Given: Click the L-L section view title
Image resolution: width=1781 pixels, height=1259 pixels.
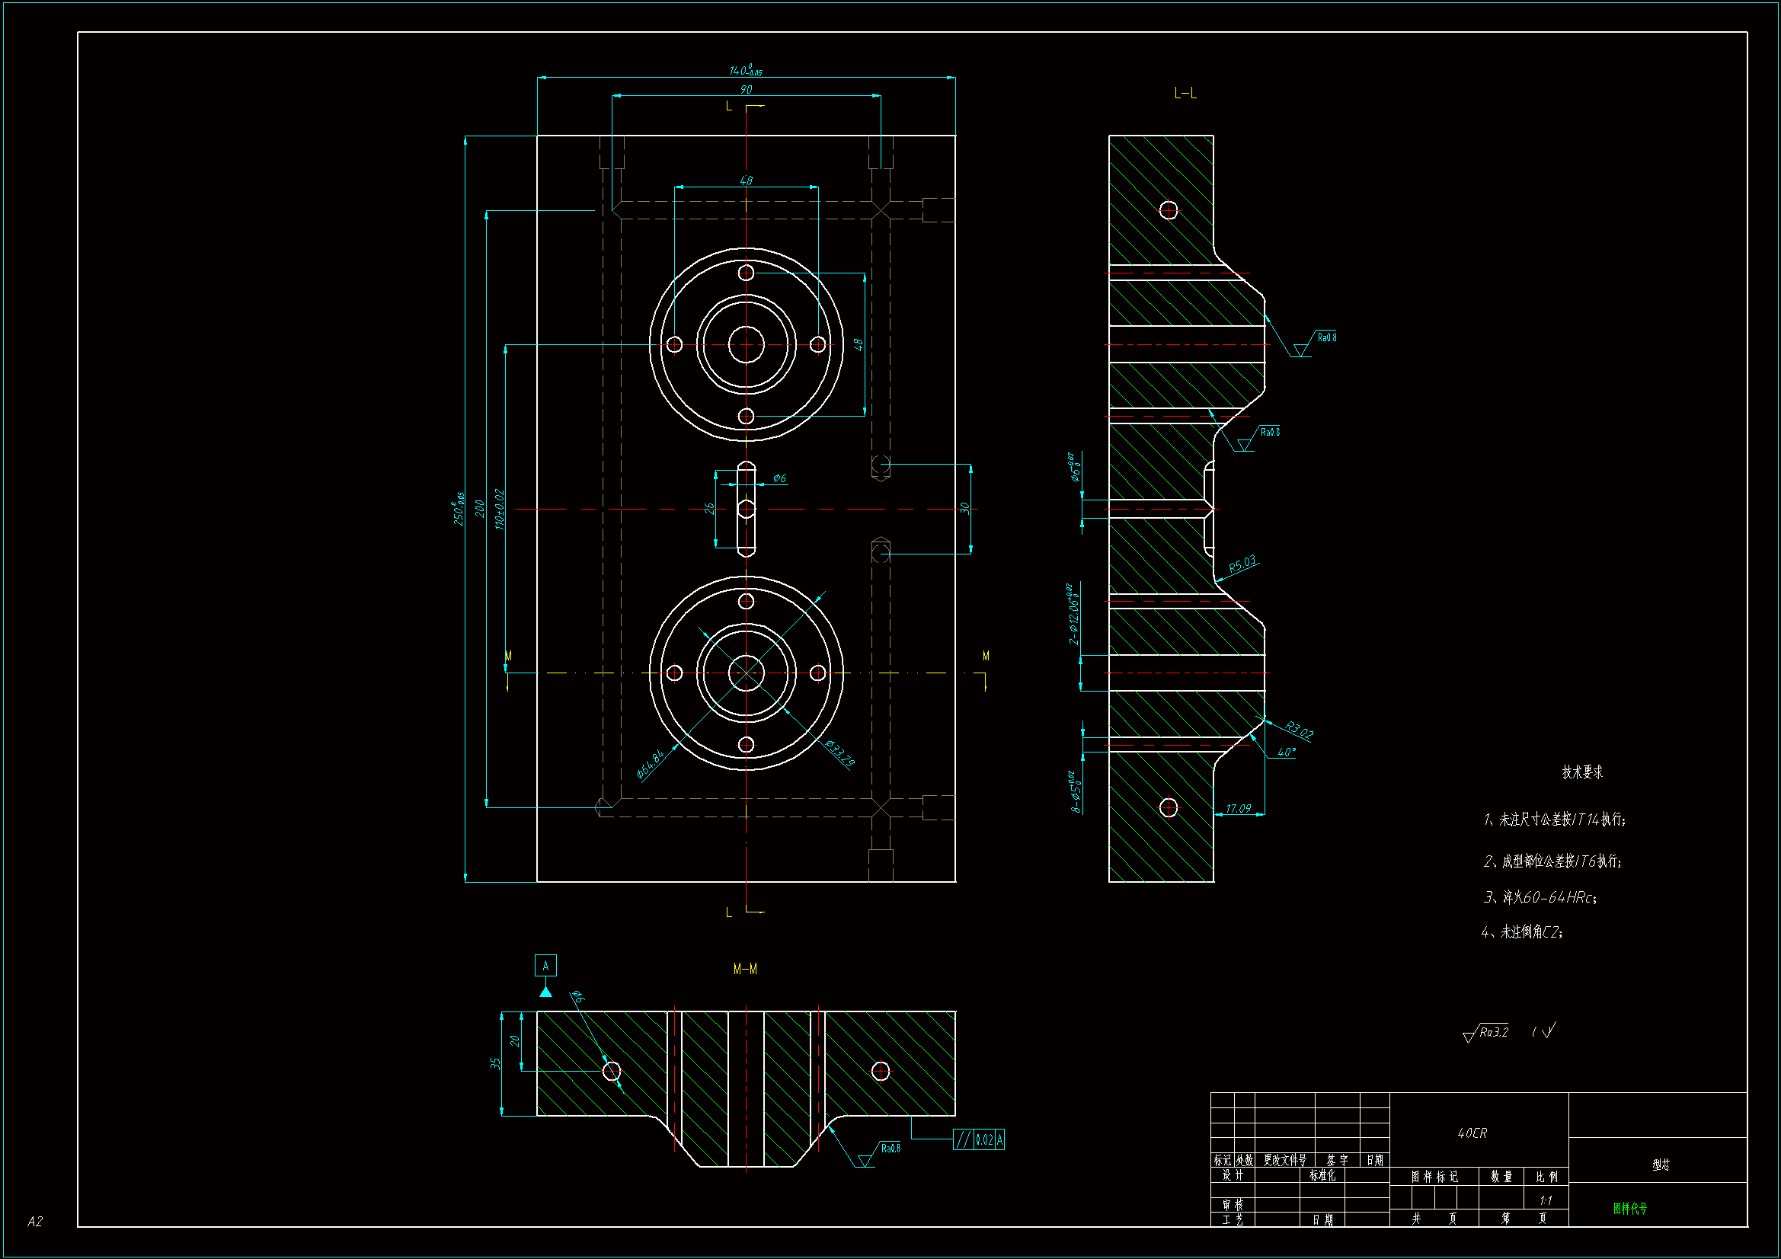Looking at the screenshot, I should (x=1185, y=94).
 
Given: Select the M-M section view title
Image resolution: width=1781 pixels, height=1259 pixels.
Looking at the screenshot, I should (x=745, y=969).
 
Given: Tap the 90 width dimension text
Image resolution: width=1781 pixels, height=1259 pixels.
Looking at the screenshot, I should (x=746, y=89).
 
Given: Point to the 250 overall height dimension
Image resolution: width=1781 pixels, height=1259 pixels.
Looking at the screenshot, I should (x=459, y=509).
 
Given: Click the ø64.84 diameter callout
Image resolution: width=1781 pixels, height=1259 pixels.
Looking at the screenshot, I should (x=650, y=764).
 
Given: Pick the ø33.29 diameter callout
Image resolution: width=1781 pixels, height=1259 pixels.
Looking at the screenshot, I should (x=839, y=753).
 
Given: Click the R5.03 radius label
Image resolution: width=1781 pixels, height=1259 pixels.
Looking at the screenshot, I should (x=1242, y=563).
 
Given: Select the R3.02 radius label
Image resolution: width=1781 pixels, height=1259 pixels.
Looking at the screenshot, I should (x=1299, y=730).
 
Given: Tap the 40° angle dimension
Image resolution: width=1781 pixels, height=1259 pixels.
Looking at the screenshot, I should (x=1286, y=753).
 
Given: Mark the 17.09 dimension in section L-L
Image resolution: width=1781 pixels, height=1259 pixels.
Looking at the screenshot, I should (x=1238, y=808).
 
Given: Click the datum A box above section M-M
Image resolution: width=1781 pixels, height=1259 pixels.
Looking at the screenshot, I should (x=545, y=966).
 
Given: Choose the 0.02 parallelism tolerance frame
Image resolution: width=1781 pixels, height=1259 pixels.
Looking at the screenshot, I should (x=978, y=1139).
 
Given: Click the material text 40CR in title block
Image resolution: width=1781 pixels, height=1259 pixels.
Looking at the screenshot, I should (x=1472, y=1133).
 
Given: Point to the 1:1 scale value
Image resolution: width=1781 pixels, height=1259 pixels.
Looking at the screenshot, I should (x=1545, y=1200).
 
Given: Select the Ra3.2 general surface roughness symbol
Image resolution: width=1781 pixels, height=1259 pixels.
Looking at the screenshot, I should (x=1485, y=1033).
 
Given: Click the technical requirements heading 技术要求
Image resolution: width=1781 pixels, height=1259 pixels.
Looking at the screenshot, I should (x=1581, y=772).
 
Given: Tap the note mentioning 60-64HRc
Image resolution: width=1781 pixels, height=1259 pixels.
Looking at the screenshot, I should (x=1540, y=897).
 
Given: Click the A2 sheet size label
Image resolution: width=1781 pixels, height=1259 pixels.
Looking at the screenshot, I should (x=35, y=1222).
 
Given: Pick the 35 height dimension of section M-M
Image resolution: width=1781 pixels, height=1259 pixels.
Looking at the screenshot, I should (x=495, y=1063).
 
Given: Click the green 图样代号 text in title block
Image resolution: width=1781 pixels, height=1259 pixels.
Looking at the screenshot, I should (x=1629, y=1208).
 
